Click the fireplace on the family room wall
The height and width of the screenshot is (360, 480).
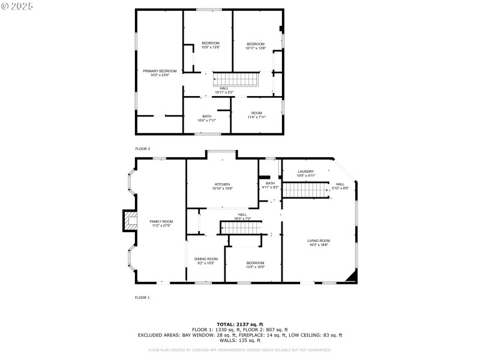(x=130, y=221)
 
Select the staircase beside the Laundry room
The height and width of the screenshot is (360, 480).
(x=304, y=190)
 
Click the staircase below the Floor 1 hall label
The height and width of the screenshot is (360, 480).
(x=242, y=228)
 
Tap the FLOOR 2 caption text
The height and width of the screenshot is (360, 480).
(x=142, y=148)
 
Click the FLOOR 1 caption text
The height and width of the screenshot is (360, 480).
(x=142, y=297)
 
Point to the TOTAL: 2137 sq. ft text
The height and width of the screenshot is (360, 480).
(x=240, y=324)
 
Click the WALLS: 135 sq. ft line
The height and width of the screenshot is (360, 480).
(x=240, y=340)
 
